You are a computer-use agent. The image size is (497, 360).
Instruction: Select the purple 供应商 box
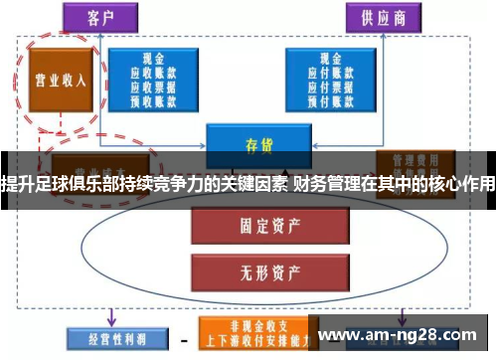tap(381, 18)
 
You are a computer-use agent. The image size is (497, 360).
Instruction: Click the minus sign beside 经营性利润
tap(184, 338)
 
